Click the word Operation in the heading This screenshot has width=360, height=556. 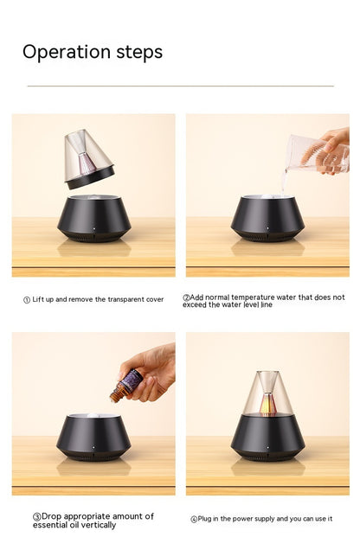tap(67, 52)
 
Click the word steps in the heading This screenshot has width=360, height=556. tap(139, 53)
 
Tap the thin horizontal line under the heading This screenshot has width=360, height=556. tap(180, 86)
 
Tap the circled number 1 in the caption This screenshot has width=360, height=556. tap(26, 300)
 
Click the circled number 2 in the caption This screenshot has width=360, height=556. tap(186, 297)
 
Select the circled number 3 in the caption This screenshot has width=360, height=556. tap(37, 516)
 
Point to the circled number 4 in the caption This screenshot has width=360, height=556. tap(194, 520)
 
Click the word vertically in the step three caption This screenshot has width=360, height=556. tap(96, 525)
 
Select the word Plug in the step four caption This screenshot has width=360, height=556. tap(207, 520)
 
